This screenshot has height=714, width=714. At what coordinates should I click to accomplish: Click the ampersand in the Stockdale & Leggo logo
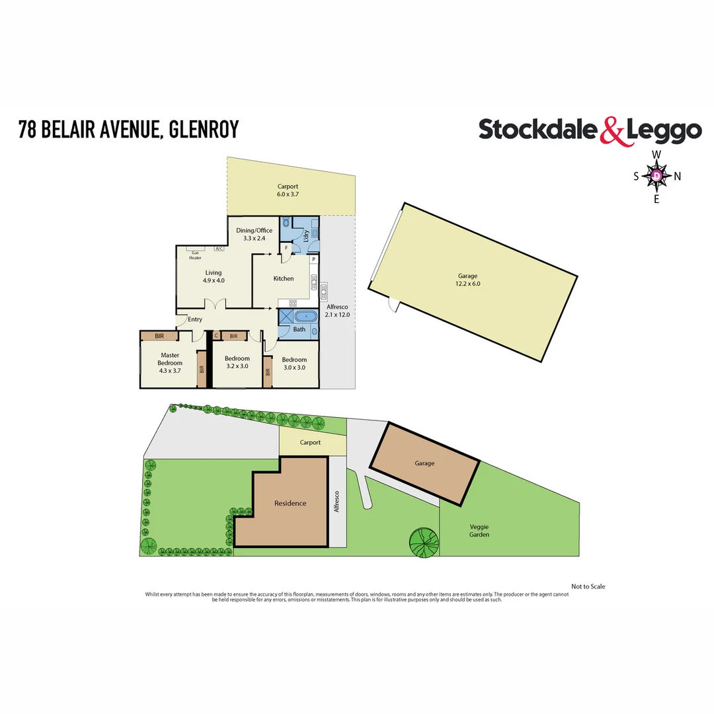[612, 132]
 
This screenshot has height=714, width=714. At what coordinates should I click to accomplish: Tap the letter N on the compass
[677, 176]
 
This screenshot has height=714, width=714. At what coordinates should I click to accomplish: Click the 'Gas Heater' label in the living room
[196, 255]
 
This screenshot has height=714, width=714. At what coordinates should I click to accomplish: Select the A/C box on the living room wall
[218, 249]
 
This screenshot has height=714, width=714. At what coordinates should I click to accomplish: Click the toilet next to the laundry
[286, 223]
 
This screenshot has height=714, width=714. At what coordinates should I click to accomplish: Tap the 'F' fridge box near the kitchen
[286, 249]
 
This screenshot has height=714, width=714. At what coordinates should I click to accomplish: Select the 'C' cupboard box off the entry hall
[216, 336]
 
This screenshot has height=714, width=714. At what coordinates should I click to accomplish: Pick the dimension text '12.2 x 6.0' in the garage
[467, 284]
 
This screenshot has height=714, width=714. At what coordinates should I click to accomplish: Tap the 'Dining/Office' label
[255, 230]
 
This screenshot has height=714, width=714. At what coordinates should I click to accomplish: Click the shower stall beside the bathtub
[286, 315]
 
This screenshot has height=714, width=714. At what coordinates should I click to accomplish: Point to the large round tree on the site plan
[424, 541]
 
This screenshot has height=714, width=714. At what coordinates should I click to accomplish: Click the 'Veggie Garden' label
[479, 530]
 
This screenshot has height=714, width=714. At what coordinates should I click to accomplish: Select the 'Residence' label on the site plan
[290, 503]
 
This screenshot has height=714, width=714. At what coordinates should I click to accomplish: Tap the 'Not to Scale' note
[588, 586]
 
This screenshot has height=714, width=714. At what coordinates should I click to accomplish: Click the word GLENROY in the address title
[204, 129]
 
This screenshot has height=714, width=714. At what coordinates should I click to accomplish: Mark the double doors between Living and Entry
[216, 305]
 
